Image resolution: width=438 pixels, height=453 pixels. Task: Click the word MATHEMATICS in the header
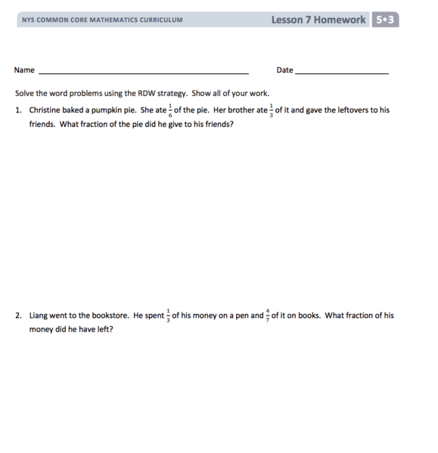pyautogui.click(x=113, y=20)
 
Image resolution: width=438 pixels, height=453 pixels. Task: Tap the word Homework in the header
pyautogui.click(x=339, y=20)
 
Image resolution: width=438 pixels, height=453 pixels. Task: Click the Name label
pyautogui.click(x=24, y=70)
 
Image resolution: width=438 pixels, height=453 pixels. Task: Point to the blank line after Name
pyautogui.click(x=143, y=72)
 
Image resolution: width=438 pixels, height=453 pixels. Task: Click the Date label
pyautogui.click(x=284, y=70)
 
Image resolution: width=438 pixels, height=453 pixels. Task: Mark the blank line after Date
pyautogui.click(x=341, y=72)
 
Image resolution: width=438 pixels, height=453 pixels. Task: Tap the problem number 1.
pyautogui.click(x=18, y=110)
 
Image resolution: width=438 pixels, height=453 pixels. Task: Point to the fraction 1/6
pyautogui.click(x=170, y=110)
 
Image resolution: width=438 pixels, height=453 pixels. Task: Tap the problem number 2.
pyautogui.click(x=18, y=316)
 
